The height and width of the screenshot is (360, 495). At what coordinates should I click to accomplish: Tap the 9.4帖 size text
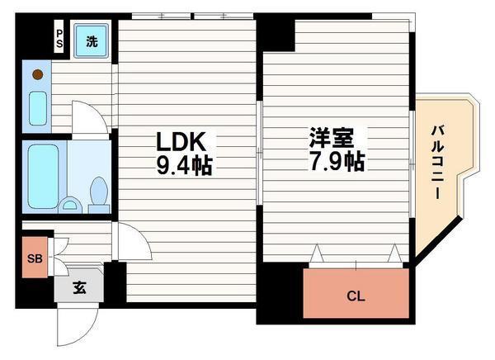point(184,165)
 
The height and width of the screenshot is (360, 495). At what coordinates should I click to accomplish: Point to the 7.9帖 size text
point(334,163)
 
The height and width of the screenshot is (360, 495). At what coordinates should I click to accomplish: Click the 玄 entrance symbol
point(79,288)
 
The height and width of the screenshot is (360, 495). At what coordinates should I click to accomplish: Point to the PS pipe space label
point(59,40)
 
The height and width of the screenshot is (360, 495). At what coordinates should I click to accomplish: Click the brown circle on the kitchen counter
point(37,75)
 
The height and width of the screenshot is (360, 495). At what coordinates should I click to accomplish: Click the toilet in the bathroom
point(98,193)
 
